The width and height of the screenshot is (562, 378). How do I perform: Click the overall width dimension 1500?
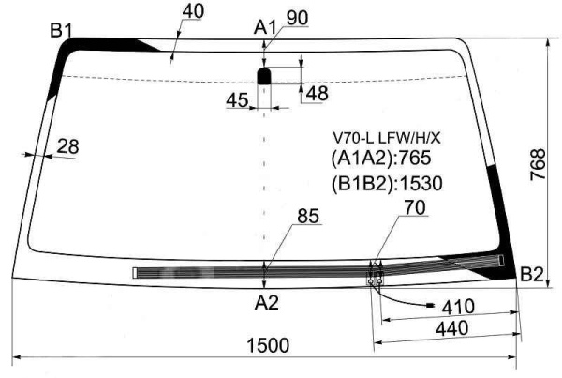coord(267,345)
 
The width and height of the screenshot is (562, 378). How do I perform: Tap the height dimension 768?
coord(538,164)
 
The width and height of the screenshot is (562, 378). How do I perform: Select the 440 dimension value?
coord(452,328)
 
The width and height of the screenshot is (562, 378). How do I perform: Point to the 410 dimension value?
coord(458,307)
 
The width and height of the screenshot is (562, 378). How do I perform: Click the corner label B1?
coord(61,30)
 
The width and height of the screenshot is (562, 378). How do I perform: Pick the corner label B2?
coord(532,275)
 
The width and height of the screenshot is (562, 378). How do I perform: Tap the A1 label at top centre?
coord(265,27)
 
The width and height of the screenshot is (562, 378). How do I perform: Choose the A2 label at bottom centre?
coord(266,303)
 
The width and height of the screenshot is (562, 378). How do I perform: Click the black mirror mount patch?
coord(264,76)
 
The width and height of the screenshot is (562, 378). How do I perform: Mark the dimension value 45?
coord(237,100)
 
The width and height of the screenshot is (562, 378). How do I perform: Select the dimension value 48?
coord(318,94)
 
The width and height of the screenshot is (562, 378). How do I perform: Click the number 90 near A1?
coord(297,18)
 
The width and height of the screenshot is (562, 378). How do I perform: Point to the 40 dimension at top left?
coord(193,11)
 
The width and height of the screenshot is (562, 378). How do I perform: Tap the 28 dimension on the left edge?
coord(67,146)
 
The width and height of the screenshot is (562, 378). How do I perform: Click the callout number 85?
coord(308,216)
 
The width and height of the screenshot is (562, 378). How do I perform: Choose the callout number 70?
coord(415,207)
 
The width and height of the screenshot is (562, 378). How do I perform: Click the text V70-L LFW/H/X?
coord(386,138)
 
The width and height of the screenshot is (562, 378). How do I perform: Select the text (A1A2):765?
coord(380,158)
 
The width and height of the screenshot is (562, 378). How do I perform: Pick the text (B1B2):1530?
coord(386,184)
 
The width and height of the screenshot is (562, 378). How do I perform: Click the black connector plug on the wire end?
coord(430,306)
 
